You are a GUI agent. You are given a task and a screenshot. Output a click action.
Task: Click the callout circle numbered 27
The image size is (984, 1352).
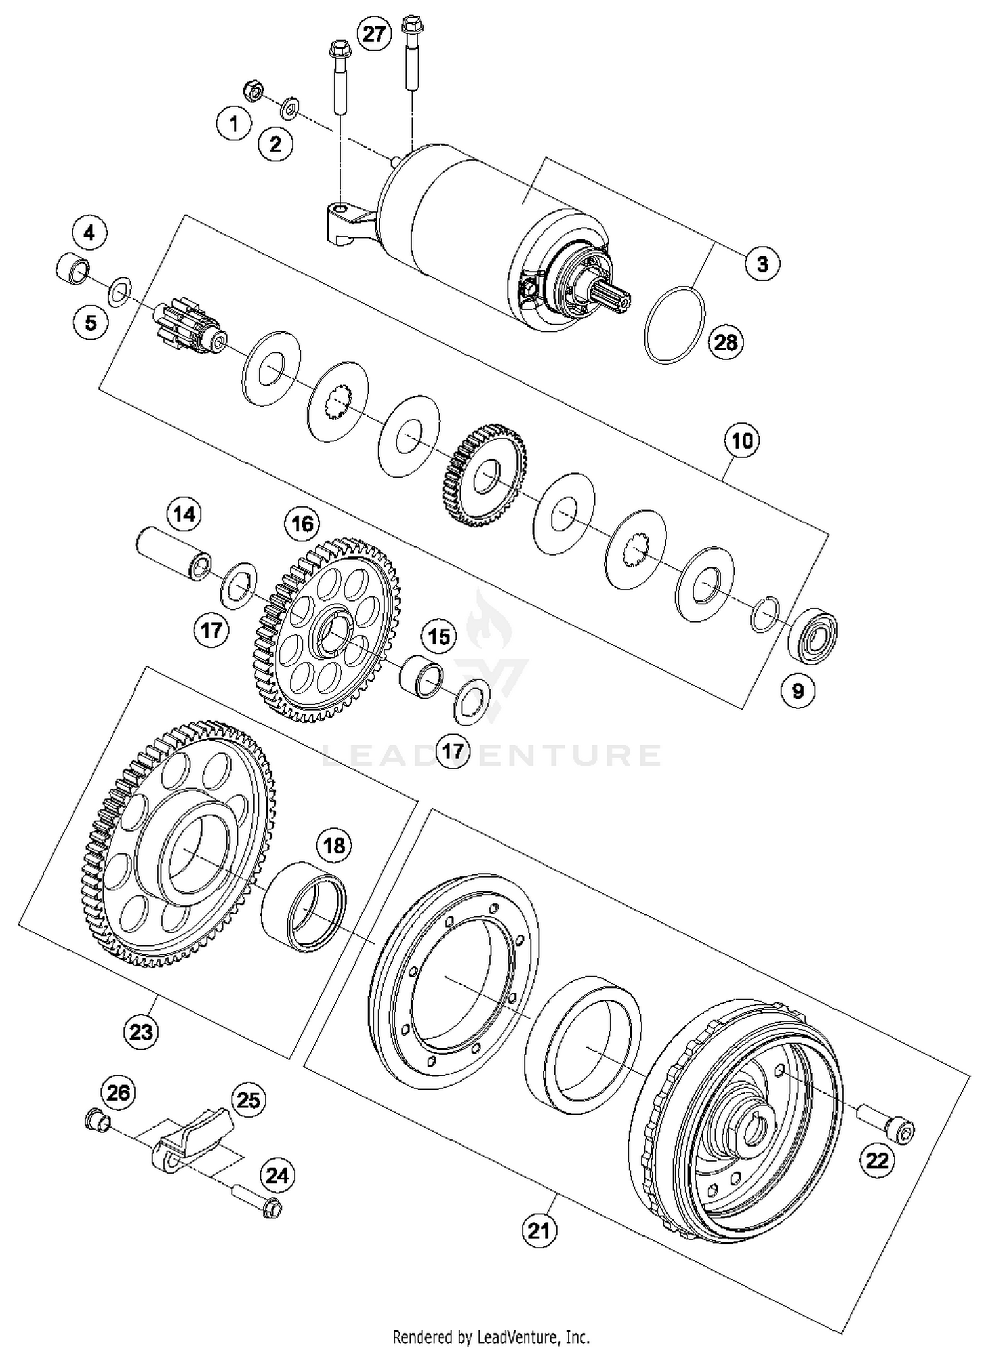pos(373,33)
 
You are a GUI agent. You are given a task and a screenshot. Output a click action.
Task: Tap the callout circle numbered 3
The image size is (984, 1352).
pos(762,264)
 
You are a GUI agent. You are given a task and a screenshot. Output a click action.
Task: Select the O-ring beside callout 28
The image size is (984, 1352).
pos(674,325)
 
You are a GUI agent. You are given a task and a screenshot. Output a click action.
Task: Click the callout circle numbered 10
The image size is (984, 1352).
pos(742,440)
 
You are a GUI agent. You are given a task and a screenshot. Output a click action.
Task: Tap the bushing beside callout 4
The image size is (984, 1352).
pos(72,268)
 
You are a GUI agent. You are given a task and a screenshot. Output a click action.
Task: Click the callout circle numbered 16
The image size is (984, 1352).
pos(302,523)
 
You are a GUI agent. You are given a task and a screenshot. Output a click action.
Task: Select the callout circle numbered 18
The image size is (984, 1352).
pos(334,845)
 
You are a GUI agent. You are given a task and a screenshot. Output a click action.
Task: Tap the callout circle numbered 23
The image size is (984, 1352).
pos(141,1031)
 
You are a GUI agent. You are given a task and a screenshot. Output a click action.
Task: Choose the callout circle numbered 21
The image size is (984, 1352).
pos(539,1231)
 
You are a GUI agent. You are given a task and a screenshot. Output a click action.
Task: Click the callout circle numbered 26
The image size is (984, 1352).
pos(118,1093)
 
